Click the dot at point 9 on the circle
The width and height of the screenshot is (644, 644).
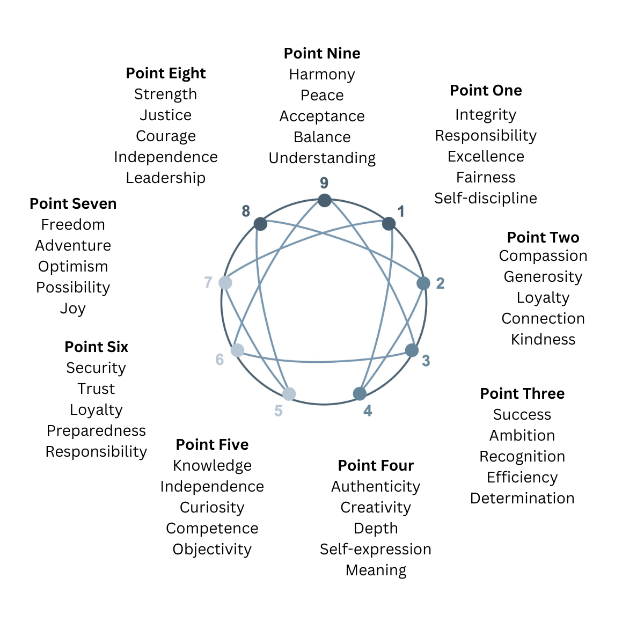324,201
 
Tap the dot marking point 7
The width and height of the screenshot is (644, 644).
225,283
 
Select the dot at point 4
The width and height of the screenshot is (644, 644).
360,394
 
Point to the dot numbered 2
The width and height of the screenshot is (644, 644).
423,283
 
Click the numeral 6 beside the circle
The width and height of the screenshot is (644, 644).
219,360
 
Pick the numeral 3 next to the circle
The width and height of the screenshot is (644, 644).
426,361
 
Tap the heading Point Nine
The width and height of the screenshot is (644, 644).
322,54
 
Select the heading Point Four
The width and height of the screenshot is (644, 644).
376,465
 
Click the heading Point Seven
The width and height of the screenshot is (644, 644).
73,204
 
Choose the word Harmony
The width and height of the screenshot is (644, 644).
322,75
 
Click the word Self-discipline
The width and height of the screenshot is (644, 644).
486,199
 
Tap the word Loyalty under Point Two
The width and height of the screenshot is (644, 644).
543,298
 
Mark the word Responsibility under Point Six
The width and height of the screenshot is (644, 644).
96,452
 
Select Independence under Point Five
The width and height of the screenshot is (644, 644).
212,487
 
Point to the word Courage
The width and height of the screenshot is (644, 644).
166,136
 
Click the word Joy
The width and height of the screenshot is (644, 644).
73,309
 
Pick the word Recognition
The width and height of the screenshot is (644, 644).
522,457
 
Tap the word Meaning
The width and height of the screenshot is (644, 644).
376,570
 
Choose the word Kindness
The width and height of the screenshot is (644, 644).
543,340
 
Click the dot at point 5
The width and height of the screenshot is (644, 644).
289,394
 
